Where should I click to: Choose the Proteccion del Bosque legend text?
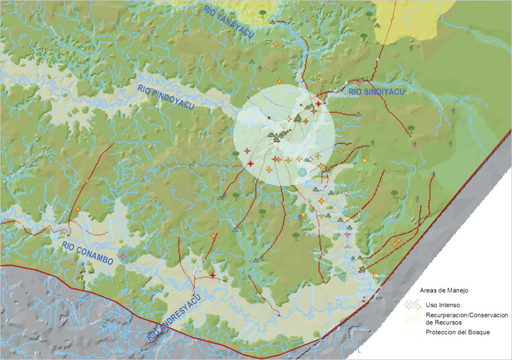pos(457,332)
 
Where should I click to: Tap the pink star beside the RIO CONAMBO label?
pos(121,256)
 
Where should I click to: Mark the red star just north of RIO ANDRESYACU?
pos(213,275)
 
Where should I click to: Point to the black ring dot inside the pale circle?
pos(270,118)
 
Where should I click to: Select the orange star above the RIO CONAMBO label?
pos(77,210)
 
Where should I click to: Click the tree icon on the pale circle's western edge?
pos(236,154)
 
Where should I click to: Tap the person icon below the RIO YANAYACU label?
pos(260,68)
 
